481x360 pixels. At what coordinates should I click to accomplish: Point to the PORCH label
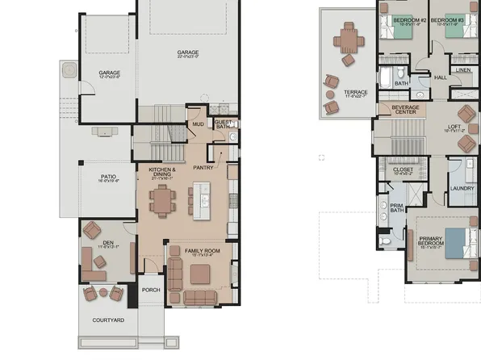click(151, 290)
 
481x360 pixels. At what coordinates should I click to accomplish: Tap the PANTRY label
click(203, 168)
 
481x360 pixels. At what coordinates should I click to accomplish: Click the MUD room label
click(198, 124)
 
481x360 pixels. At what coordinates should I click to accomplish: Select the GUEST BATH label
click(224, 123)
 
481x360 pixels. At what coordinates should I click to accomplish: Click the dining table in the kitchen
click(164, 199)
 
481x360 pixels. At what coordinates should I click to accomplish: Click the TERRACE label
click(355, 92)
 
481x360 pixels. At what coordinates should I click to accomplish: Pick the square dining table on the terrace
click(349, 37)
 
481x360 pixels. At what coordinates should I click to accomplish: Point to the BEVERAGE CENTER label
click(405, 108)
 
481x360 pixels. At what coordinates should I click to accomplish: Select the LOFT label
click(454, 128)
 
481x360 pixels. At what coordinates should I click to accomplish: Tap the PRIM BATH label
click(396, 208)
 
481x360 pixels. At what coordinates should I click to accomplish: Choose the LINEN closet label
click(462, 70)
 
